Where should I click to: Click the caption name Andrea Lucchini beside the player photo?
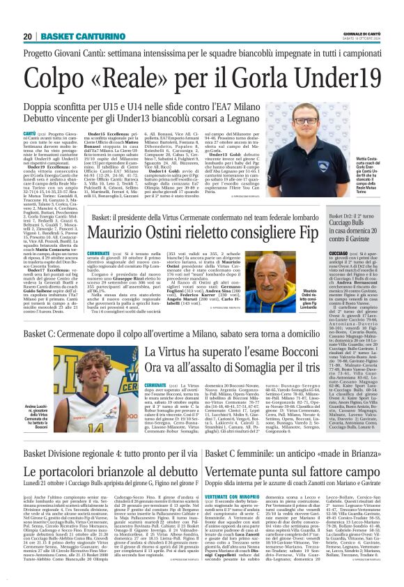tap(34, 406)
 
